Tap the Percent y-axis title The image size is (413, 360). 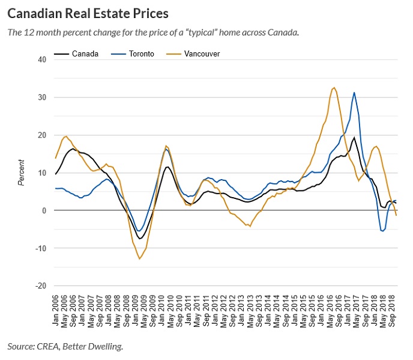(21, 172)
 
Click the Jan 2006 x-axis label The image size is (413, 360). (56, 310)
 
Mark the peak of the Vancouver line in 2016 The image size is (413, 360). (334, 87)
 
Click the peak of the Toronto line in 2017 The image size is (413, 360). (354, 93)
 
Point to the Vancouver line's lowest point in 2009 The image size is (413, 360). (140, 258)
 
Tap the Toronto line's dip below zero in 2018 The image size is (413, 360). (382, 231)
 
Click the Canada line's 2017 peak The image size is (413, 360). (354, 138)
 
